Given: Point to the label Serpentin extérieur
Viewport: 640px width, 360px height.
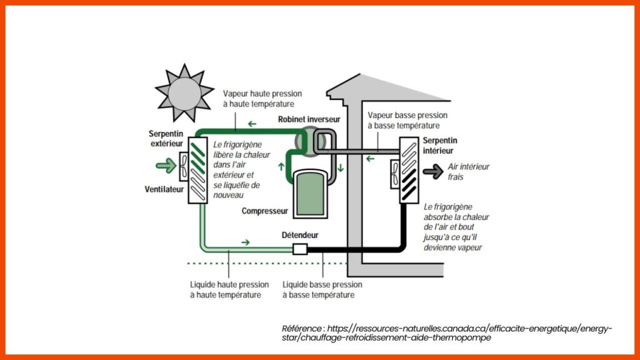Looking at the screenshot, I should (166, 139).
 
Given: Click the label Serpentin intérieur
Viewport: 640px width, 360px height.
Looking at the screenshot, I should (440, 146).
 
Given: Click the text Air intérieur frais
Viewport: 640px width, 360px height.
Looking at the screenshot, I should (469, 172).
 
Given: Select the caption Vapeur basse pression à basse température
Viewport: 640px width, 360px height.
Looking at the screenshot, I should (407, 121).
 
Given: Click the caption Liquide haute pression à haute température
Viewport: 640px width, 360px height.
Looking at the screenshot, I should (229, 289).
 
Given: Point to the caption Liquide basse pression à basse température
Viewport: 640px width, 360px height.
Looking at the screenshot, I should (322, 289).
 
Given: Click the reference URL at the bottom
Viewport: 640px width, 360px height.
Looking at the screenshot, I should (447, 332).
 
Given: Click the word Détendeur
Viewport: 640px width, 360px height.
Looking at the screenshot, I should (300, 235).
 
